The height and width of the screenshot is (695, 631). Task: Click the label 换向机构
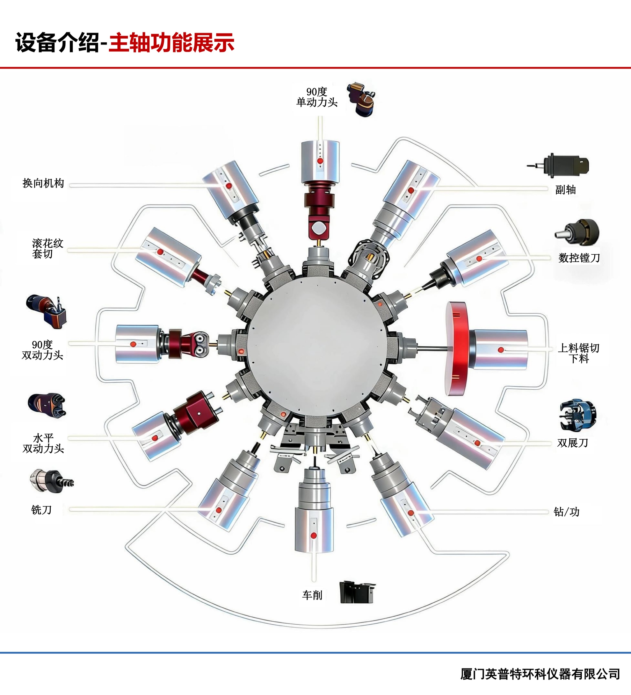click(x=43, y=183)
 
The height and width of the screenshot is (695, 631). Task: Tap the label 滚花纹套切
click(x=47, y=248)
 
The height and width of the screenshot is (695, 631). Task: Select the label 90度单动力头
click(x=317, y=97)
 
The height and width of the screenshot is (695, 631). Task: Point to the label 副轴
click(x=565, y=190)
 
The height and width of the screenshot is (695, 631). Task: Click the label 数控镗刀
click(x=579, y=258)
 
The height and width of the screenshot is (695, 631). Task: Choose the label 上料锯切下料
click(x=578, y=353)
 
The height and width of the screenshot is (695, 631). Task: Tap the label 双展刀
click(x=572, y=443)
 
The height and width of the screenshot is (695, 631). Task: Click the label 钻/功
click(x=567, y=512)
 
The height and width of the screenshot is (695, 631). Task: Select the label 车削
click(x=312, y=595)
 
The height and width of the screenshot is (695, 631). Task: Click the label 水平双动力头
click(x=43, y=443)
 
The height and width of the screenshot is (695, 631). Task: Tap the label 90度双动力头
click(x=42, y=350)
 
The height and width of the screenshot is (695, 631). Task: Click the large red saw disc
click(x=457, y=349)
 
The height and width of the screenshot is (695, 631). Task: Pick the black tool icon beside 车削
click(x=357, y=592)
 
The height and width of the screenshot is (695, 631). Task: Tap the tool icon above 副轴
click(x=558, y=166)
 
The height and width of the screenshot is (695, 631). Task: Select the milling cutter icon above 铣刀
click(x=52, y=481)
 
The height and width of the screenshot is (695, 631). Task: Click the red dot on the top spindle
click(x=320, y=161)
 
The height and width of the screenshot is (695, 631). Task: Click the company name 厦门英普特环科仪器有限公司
click(x=540, y=674)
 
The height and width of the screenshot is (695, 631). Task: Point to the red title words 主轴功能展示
click(x=171, y=43)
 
